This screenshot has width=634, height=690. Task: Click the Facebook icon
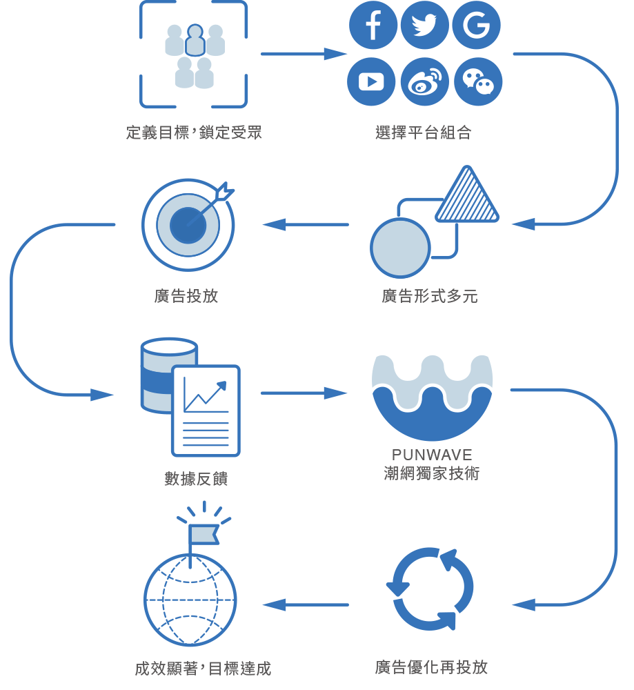click(373, 26)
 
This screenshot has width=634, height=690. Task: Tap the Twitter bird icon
click(424, 26)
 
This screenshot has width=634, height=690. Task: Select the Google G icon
click(476, 26)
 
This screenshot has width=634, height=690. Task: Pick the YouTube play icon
click(372, 81)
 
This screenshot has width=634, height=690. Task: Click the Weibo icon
click(424, 81)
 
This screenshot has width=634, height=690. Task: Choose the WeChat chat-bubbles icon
click(477, 81)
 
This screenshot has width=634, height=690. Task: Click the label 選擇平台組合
click(424, 133)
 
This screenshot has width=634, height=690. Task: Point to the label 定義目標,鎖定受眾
click(194, 132)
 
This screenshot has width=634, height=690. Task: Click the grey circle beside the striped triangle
click(400, 248)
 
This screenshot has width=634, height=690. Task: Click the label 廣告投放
click(186, 296)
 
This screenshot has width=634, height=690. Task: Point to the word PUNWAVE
click(432, 455)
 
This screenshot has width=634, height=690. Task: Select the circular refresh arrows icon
click(430, 589)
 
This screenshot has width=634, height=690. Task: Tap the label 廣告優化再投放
click(431, 667)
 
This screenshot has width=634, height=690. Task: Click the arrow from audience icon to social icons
click(304, 54)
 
